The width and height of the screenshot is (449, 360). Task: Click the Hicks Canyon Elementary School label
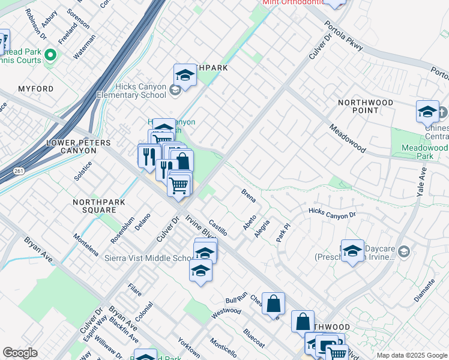pos(132,91)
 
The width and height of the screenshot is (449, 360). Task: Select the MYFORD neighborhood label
pos(35,89)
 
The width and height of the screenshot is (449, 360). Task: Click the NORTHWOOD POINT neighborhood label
pos(366,106)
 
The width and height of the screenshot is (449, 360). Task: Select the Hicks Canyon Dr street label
pos(332,212)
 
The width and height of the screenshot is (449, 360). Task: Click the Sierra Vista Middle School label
pos(148,258)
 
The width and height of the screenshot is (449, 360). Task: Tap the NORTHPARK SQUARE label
pos(95,206)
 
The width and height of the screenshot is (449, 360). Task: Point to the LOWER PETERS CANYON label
pos(79,147)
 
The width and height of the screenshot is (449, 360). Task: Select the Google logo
pos(20,353)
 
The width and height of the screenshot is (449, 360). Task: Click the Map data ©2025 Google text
pos(411,355)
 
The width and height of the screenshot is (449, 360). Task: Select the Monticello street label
pos(223,349)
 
